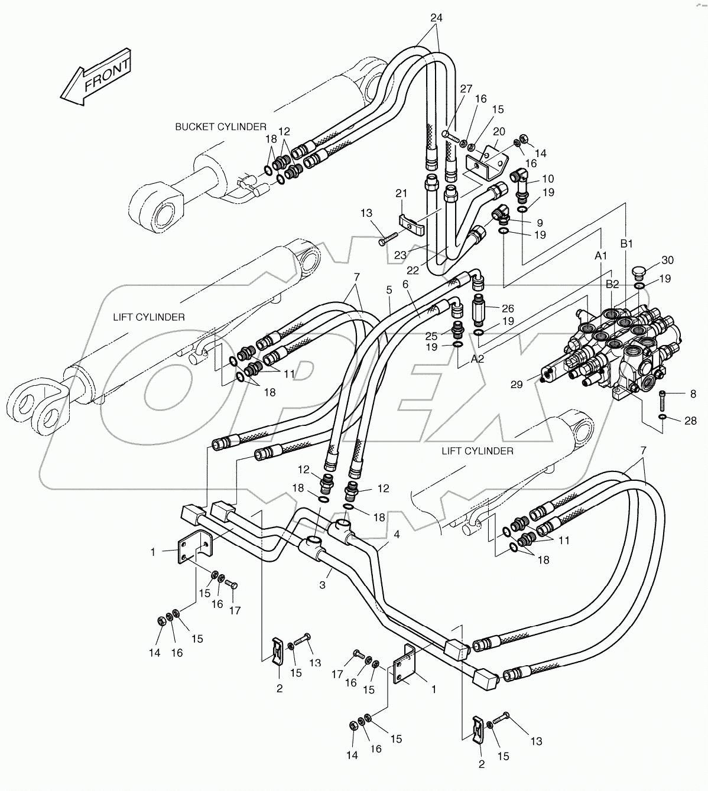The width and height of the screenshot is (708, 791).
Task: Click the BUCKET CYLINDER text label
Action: (220, 126)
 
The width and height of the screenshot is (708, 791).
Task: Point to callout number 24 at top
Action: (436, 18)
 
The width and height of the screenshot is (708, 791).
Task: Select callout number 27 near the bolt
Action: (466, 89)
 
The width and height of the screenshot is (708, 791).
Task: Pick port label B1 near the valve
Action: (626, 243)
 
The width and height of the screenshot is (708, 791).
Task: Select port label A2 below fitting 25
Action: (478, 359)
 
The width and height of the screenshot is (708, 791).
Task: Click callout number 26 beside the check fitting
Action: (507, 308)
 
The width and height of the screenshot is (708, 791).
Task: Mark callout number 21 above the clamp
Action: (401, 194)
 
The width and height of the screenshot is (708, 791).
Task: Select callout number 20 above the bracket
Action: (498, 131)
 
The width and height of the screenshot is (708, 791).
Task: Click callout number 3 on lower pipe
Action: (323, 585)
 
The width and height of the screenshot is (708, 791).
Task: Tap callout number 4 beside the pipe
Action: (397, 534)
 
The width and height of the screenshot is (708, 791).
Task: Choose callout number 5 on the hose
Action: (389, 289)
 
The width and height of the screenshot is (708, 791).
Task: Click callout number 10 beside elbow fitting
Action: (547, 178)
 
